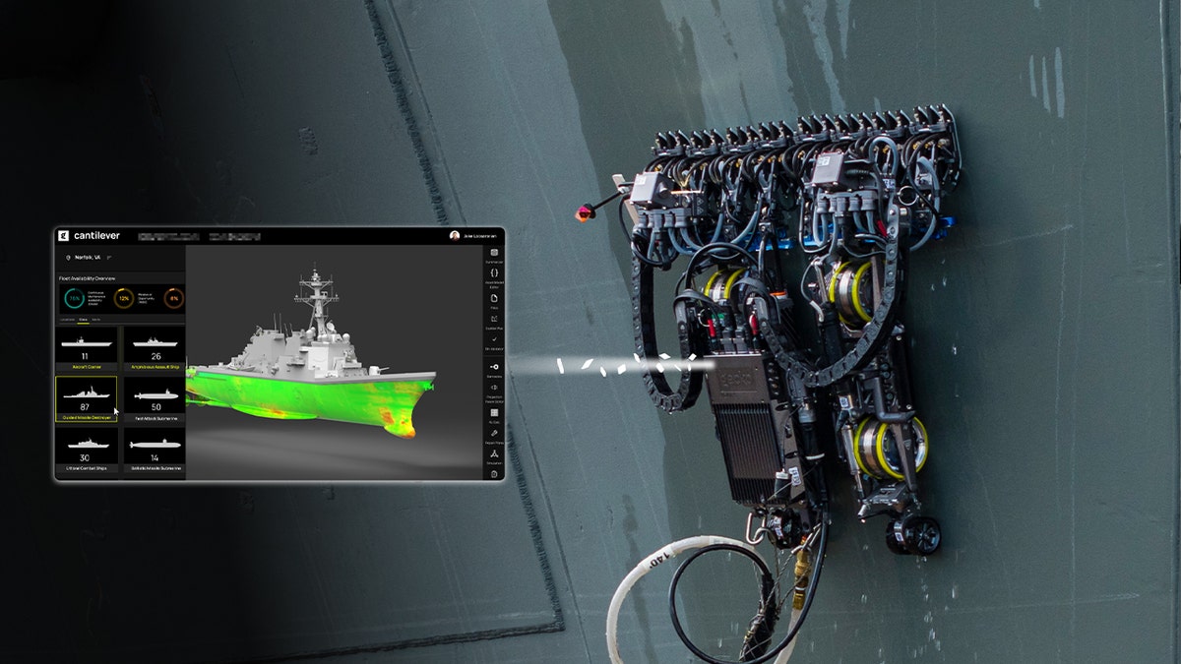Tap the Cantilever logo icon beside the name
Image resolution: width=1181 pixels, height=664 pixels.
coord(64,236)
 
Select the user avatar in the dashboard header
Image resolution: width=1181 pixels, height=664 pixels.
coord(455,236)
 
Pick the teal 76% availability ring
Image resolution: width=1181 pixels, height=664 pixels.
coord(75,297)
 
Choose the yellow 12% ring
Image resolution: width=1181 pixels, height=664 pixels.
coord(124,297)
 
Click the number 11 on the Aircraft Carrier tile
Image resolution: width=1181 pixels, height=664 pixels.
coord(86,356)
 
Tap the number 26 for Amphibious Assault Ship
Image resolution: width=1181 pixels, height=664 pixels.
coord(155,356)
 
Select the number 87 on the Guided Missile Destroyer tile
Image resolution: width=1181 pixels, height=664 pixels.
coord(86,406)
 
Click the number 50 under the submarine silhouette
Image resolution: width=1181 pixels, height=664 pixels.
coord(155,406)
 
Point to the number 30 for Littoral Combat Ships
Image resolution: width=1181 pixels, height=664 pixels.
coord(86,457)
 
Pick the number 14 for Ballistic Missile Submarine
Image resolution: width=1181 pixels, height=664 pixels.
coord(155,457)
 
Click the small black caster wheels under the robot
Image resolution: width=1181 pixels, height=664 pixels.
coord(912,534)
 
